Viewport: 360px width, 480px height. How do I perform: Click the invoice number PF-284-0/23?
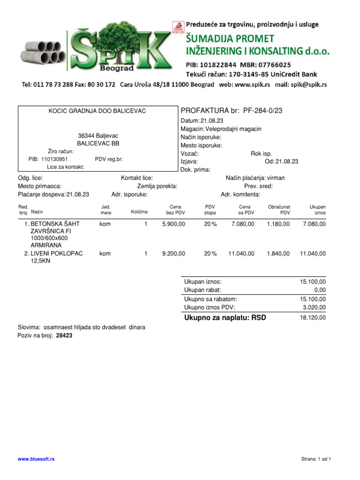click(262, 111)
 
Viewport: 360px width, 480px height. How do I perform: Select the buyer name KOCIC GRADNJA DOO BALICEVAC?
click(97, 111)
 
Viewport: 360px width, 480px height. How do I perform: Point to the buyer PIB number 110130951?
click(54, 159)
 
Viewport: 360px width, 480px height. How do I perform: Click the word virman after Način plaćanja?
click(276, 178)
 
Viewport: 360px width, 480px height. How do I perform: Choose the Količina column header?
click(139, 212)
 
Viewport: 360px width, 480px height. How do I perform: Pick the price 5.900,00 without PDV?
click(173, 224)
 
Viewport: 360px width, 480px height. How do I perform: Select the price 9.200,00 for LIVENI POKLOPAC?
click(173, 254)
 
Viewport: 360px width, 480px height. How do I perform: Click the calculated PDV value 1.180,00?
click(278, 224)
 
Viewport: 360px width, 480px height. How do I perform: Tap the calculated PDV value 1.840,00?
click(278, 254)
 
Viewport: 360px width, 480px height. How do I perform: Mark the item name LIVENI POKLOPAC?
click(57, 254)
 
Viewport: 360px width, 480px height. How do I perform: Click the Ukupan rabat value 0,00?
click(320, 290)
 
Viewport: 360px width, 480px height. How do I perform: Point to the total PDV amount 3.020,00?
click(315, 307)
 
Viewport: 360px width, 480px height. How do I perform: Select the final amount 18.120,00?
click(313, 318)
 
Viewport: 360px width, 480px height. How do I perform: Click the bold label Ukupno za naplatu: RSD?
click(225, 318)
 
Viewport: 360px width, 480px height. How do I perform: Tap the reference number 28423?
click(64, 336)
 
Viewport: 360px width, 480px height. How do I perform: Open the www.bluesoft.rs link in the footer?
click(36, 459)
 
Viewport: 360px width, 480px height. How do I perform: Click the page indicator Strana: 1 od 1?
click(316, 459)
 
